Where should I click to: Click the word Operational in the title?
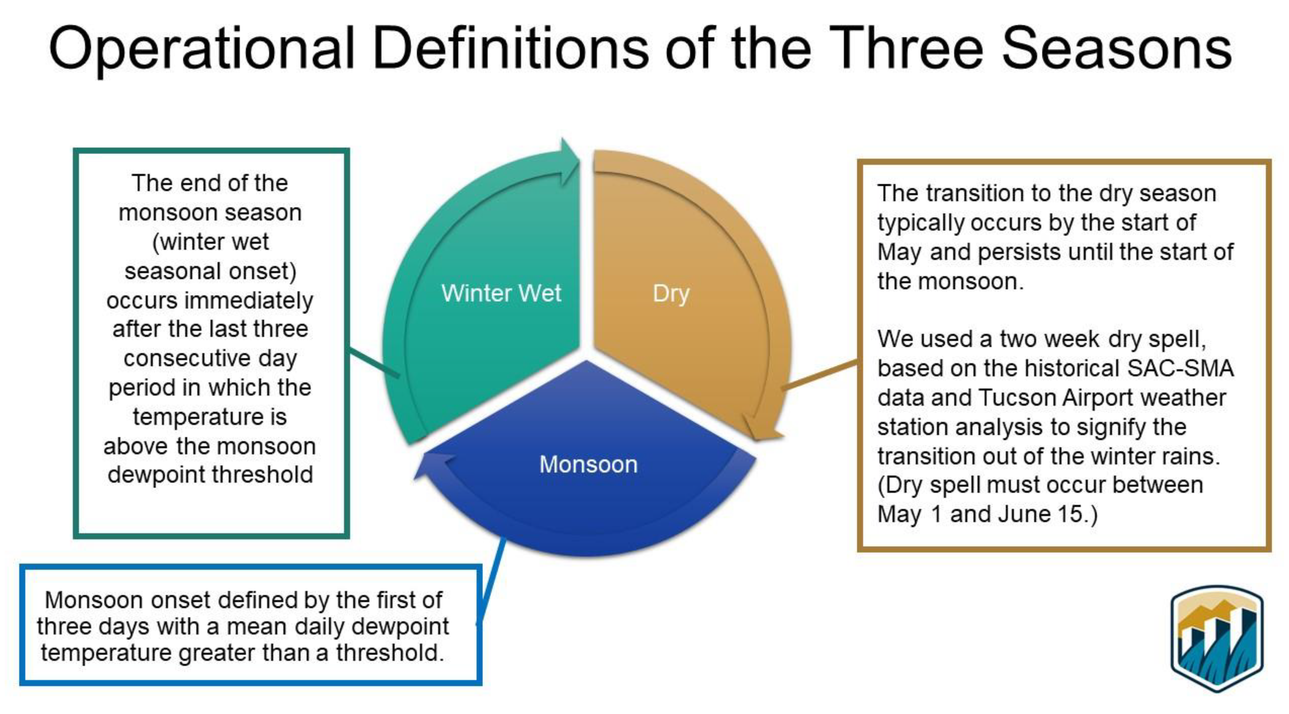pos(202,49)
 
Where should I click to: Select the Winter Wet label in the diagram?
pos(501,293)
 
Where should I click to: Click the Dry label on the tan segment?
pos(671,294)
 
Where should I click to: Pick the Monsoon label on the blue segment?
pos(589,464)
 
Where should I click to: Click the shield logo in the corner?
pos(1217,639)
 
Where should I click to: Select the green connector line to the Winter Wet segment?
pos(374,362)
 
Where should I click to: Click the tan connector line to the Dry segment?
pos(820,374)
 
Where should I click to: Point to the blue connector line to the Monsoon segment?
pos(491,582)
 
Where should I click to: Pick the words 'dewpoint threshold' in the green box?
pos(210,475)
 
